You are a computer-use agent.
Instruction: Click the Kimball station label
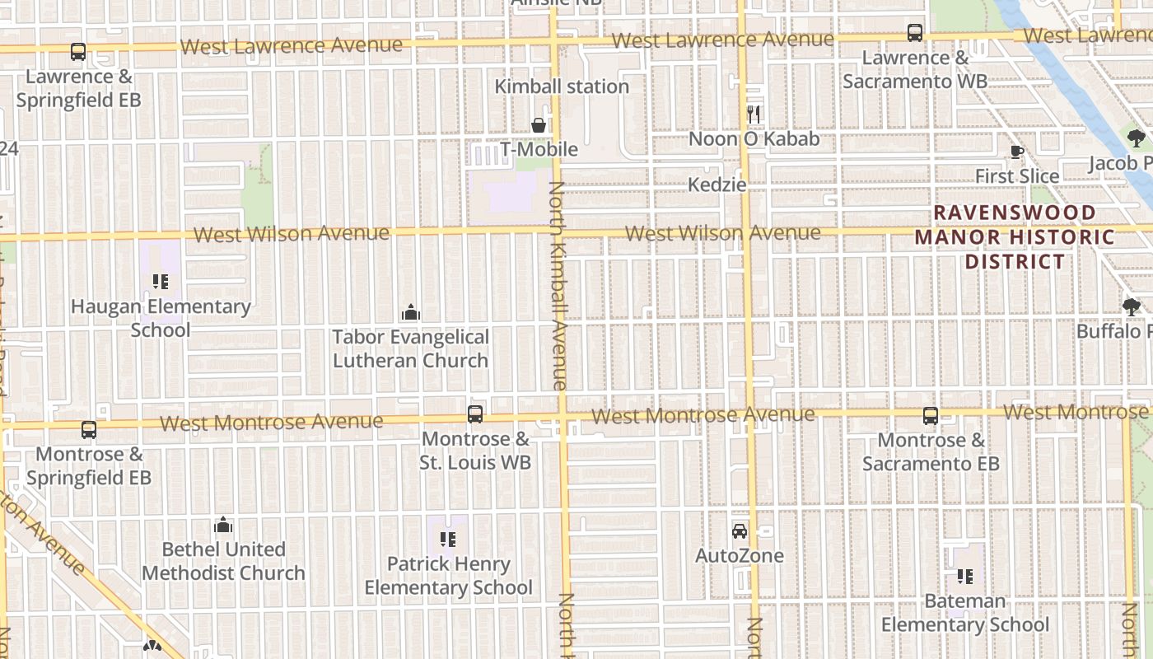coord(561,86)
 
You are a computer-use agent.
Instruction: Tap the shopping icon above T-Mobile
coord(539,125)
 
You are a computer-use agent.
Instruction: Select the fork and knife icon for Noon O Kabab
coord(754,114)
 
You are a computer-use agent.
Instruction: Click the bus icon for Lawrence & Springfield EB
coord(78,52)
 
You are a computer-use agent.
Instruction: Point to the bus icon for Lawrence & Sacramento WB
coord(915,33)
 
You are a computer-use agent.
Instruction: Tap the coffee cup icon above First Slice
coord(1017,152)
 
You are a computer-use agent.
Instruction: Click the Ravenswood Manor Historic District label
coord(1015,237)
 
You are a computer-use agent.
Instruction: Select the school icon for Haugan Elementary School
coord(161,282)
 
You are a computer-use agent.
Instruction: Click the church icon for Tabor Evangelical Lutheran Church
coord(410,312)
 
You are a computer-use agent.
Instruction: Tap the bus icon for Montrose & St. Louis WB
coord(475,414)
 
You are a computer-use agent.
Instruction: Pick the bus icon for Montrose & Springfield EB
coord(89,429)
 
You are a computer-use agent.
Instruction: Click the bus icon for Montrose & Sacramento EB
coord(931,416)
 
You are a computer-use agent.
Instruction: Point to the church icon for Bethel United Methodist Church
coord(223,525)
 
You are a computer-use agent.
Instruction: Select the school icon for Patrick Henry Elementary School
coord(448,540)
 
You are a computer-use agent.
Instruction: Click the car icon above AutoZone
coord(740,531)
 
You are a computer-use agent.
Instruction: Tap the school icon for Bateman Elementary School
coord(965,577)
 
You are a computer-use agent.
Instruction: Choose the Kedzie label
coord(717,185)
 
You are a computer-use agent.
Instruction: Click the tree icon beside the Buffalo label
coord(1132,307)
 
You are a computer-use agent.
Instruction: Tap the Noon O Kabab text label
coord(754,138)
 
